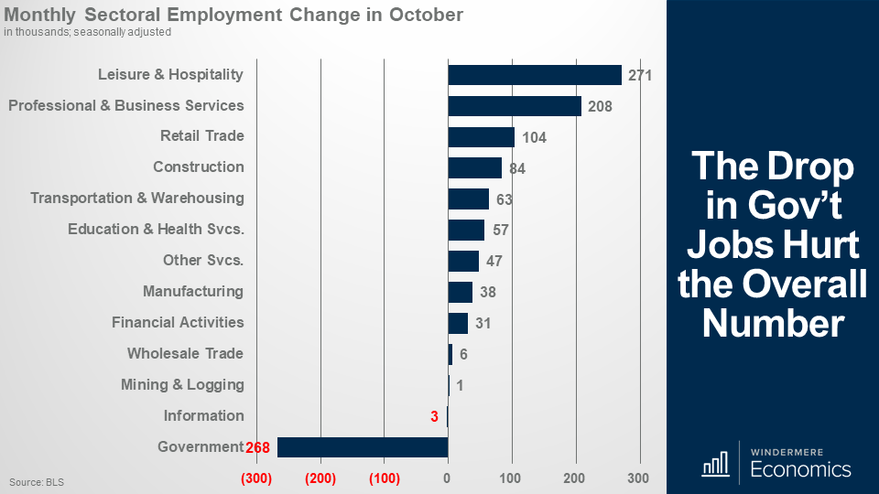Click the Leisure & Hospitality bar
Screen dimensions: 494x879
coord(534,75)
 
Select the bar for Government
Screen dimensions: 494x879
coord(363,447)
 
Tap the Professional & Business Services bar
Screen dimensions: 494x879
coord(514,106)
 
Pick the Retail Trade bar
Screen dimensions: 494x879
coord(481,137)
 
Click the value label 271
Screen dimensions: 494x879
coord(639,75)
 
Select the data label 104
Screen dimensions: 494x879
coord(534,138)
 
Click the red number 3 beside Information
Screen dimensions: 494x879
coord(435,416)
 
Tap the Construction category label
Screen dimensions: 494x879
coord(199,167)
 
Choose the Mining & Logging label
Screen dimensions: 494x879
coord(182,385)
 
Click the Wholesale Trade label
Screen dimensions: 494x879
coord(185,354)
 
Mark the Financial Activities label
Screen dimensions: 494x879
coord(178,323)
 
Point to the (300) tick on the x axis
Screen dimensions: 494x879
coord(256,478)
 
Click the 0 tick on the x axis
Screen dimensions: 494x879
coord(447,478)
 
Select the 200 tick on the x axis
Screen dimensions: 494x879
coord(575,478)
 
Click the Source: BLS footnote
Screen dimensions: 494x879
coord(37,481)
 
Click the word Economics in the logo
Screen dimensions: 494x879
coord(800,470)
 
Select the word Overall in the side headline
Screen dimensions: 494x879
coord(804,285)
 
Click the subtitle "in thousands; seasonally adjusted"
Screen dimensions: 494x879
coord(87,32)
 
